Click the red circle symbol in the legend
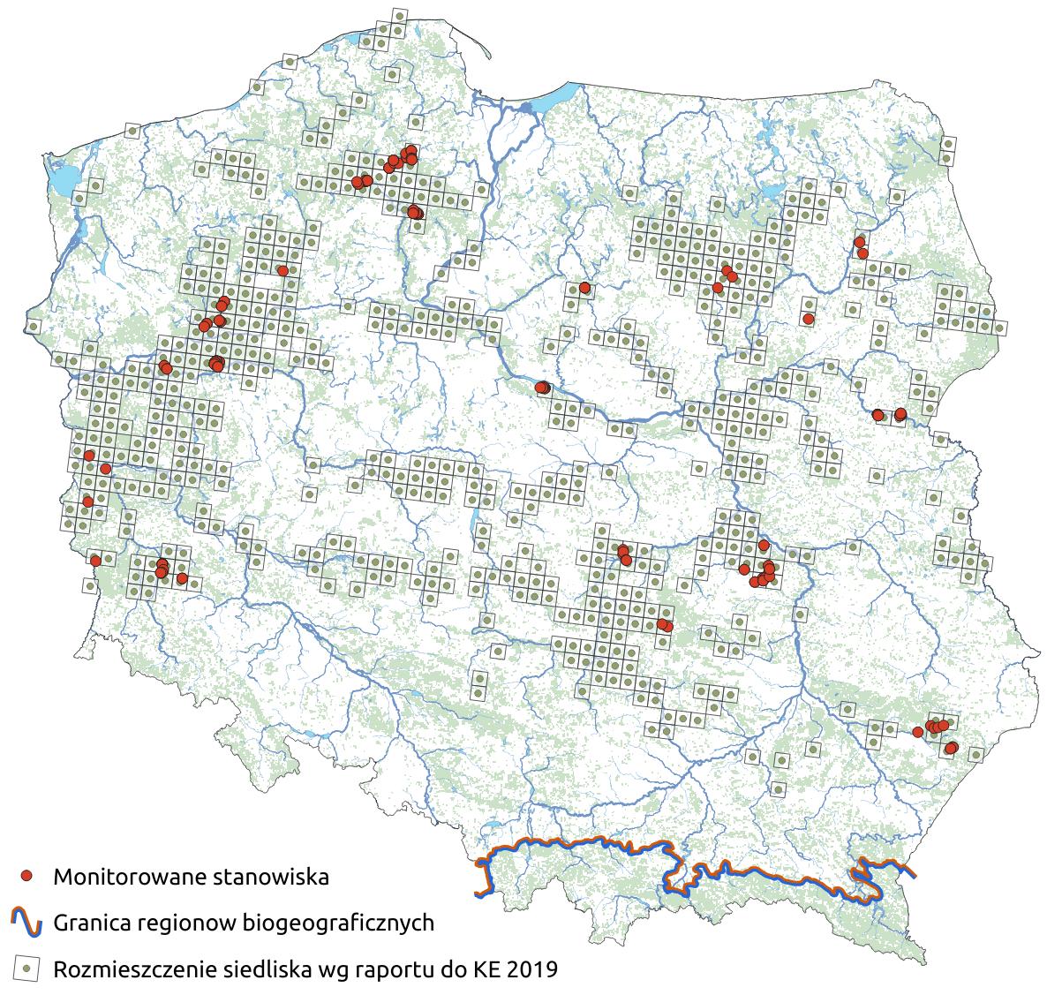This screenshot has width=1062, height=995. pos(28,876)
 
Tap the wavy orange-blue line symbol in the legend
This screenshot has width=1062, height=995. pos(27,923)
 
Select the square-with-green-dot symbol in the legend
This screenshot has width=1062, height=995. pos(27,969)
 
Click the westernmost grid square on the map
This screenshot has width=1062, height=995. pos(33,327)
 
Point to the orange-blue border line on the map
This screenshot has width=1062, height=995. pos(574,843)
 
